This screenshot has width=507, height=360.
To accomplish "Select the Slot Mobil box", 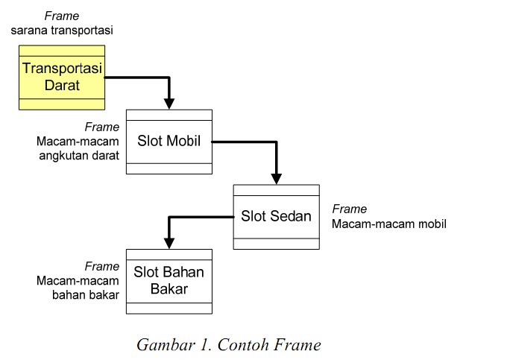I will coord(169,142).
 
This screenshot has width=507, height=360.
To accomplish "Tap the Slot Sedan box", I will coord(276,216).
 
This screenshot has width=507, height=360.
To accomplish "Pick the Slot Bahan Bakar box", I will coord(169,281).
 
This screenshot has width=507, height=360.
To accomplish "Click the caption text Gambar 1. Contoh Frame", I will coord(228,344).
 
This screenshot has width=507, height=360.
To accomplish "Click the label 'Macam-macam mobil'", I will coord(389,223).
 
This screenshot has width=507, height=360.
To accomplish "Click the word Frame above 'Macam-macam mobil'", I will coord(349,209).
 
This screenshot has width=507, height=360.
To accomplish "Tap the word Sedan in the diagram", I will coord(291,216).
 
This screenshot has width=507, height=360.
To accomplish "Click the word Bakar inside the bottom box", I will coord(169,288).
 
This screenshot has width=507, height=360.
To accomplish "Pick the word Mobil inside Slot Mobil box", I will coord(184,142).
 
